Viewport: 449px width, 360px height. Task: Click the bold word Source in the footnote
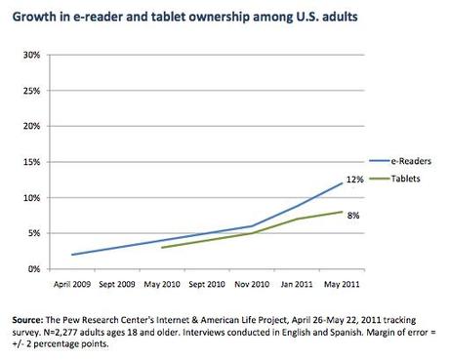click(x=26, y=318)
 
